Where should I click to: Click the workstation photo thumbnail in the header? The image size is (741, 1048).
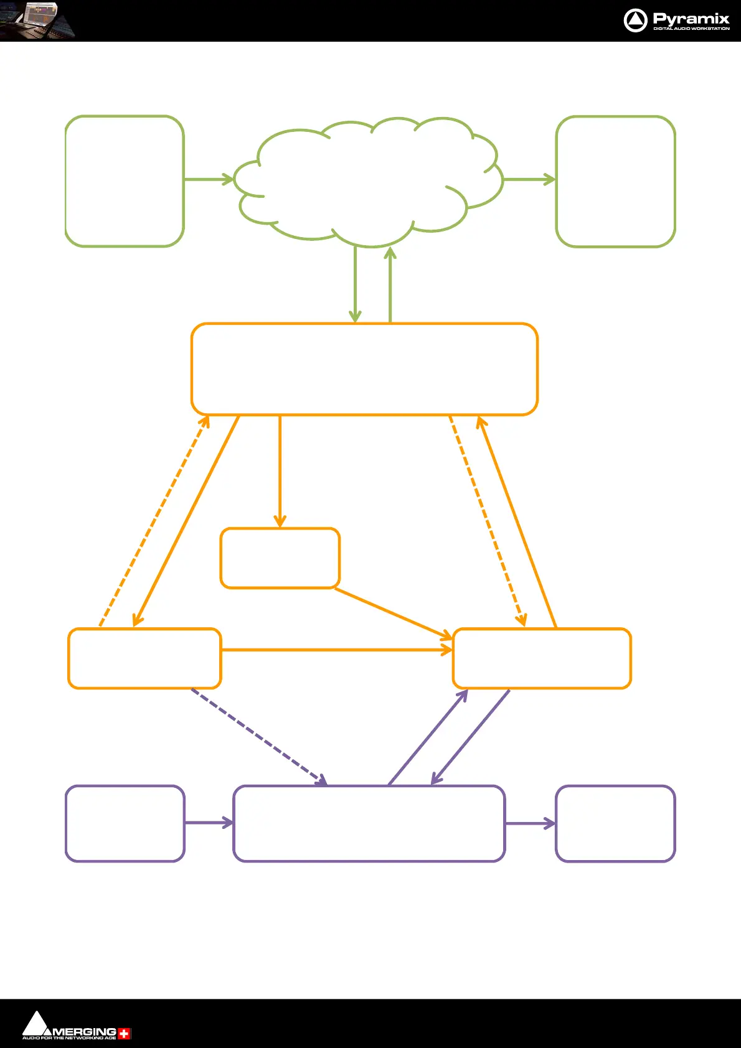37,21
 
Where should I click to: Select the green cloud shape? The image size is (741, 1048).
367,180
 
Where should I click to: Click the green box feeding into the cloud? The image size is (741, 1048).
125,181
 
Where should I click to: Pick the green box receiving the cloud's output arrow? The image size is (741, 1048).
615,181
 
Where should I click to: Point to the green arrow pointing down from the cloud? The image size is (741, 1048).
355,284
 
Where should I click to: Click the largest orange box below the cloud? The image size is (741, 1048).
364,369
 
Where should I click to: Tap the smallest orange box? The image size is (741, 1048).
280,558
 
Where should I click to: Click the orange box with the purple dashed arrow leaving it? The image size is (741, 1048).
144,658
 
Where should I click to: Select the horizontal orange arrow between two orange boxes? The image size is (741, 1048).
336,650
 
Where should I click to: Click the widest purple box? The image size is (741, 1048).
369,823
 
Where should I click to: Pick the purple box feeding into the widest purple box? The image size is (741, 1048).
125,823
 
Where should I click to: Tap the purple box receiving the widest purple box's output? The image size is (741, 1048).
615,823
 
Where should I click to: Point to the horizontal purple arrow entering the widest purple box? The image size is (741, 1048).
209,823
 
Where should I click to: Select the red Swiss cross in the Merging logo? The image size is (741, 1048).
125,1034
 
